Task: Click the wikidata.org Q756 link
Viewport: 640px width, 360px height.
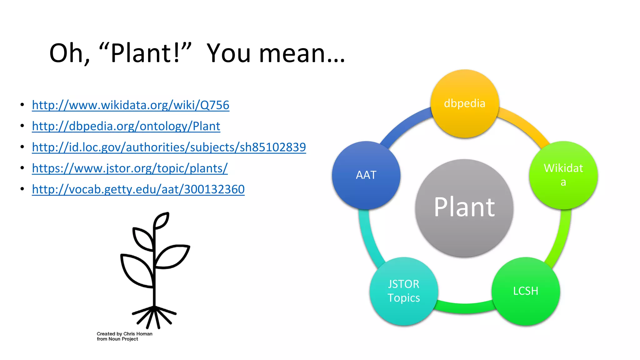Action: (130, 105)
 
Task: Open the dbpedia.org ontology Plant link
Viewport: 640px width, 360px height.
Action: (126, 126)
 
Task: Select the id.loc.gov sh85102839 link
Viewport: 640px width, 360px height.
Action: (169, 147)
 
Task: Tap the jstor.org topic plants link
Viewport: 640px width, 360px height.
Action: (130, 168)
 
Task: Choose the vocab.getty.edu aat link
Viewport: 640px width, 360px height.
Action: (138, 189)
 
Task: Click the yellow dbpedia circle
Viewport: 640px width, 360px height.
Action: (465, 104)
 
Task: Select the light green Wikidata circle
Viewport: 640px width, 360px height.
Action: (563, 175)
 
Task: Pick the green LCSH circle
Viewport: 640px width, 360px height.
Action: (526, 291)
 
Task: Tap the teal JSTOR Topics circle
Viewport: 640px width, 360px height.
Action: (403, 291)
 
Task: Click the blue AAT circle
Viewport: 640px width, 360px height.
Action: (366, 175)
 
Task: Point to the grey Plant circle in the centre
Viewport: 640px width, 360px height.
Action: (464, 208)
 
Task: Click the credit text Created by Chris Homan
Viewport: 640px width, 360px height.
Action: (124, 334)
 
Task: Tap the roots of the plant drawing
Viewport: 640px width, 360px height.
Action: (154, 316)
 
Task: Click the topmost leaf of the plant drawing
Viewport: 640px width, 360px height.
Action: (162, 220)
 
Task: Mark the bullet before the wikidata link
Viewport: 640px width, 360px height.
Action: (22, 105)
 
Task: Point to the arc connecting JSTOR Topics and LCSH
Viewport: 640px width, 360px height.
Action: (465, 308)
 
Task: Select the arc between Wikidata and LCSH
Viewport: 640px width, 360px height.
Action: (561, 237)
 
